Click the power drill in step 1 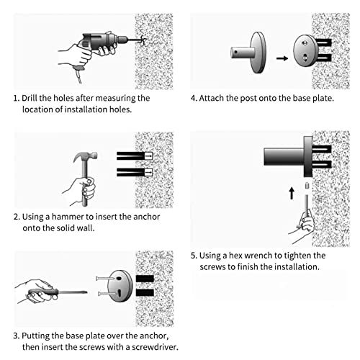(x=103, y=45)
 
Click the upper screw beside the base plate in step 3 (x=105, y=279)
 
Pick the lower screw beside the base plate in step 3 (x=107, y=294)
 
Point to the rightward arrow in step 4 (x=282, y=58)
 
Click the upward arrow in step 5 (x=292, y=194)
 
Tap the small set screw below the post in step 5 (x=307, y=186)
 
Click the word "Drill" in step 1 (x=30, y=98)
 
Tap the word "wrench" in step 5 (x=259, y=256)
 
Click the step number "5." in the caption (x=194, y=256)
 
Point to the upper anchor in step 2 (x=135, y=156)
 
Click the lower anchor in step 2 (x=135, y=172)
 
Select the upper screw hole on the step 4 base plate (x=305, y=43)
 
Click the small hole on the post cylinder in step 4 (x=236, y=52)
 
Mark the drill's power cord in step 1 (x=79, y=74)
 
